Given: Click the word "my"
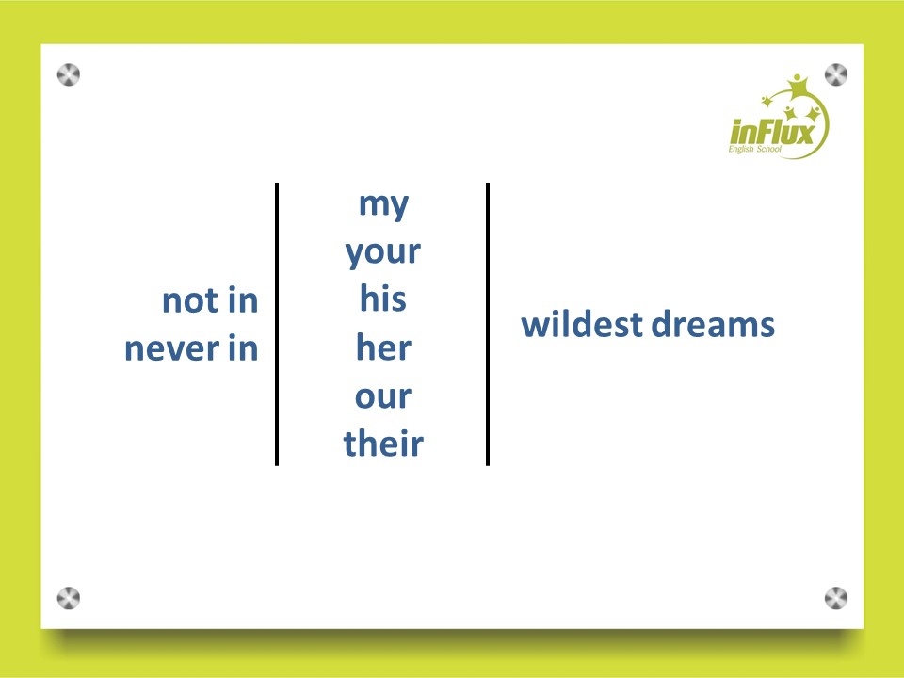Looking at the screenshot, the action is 383,205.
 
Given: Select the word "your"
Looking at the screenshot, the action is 383,252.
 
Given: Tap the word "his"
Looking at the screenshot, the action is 383,299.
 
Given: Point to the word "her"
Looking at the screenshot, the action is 383,347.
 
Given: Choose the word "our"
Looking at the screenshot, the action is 383,396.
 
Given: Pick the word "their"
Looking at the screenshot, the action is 383,444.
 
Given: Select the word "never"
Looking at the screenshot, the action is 171,349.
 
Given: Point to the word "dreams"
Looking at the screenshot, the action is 713,324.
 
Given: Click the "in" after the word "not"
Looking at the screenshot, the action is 243,300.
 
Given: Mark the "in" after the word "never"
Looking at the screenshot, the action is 243,348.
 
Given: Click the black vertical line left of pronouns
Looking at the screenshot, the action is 277,324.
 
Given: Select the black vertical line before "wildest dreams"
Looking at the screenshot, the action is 488,324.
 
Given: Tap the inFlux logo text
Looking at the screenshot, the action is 772,132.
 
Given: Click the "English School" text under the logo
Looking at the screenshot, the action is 754,150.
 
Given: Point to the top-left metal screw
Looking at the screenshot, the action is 69,75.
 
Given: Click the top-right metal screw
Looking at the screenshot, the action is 836,75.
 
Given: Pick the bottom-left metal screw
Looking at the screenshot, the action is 69,598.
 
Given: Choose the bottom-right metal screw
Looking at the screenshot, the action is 836,598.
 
